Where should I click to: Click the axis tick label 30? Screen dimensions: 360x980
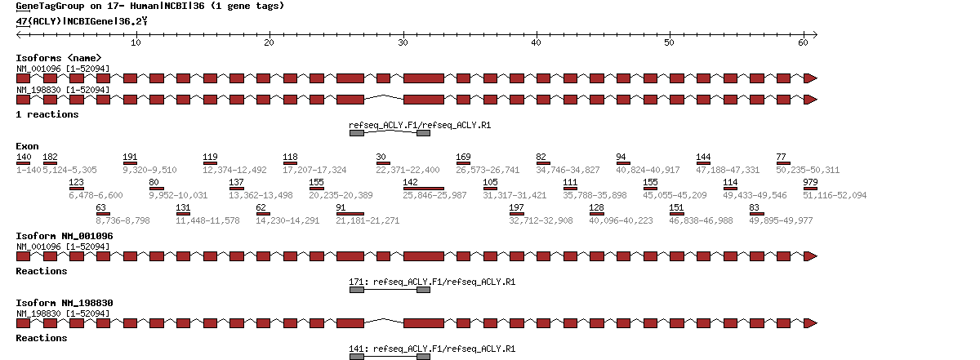click(403, 42)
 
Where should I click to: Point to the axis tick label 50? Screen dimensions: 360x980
click(669, 42)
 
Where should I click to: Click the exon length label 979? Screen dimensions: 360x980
click(810, 182)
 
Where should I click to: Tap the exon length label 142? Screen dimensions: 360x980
click(410, 182)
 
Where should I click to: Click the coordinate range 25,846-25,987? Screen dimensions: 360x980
click(435, 196)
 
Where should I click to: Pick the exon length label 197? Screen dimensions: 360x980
click(516, 208)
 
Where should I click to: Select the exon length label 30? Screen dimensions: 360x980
click(381, 157)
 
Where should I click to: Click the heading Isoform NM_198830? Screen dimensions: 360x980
click(65, 303)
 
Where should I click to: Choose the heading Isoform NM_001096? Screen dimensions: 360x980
click(65, 236)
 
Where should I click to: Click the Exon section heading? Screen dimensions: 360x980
click(27, 145)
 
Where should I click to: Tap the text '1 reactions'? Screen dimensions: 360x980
click(47, 114)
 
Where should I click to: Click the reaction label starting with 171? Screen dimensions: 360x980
click(432, 282)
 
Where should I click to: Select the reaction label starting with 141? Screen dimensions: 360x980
click(432, 349)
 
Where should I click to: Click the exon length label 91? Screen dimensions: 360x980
click(341, 208)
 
